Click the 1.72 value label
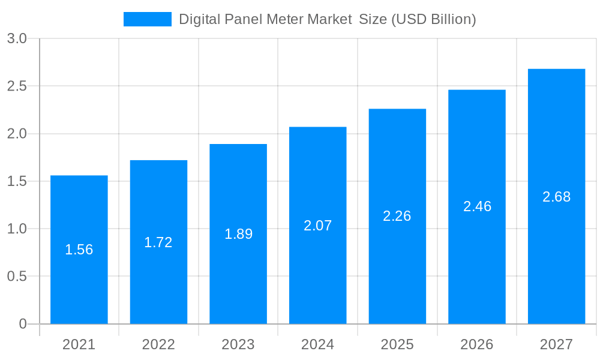click(x=158, y=242)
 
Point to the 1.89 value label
click(x=238, y=234)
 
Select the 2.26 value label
click(x=397, y=216)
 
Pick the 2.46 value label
click(x=477, y=206)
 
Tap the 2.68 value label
click(x=556, y=197)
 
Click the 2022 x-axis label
click(x=158, y=344)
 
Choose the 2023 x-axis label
click(x=238, y=344)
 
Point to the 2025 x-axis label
click(x=397, y=344)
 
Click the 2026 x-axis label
click(x=477, y=344)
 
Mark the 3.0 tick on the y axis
click(x=17, y=38)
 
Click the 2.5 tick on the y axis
click(x=17, y=86)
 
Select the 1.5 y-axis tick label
click(x=17, y=181)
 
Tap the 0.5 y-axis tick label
click(x=17, y=277)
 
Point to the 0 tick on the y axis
click(x=23, y=324)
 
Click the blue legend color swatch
click(x=147, y=19)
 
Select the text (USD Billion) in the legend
click(x=433, y=19)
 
